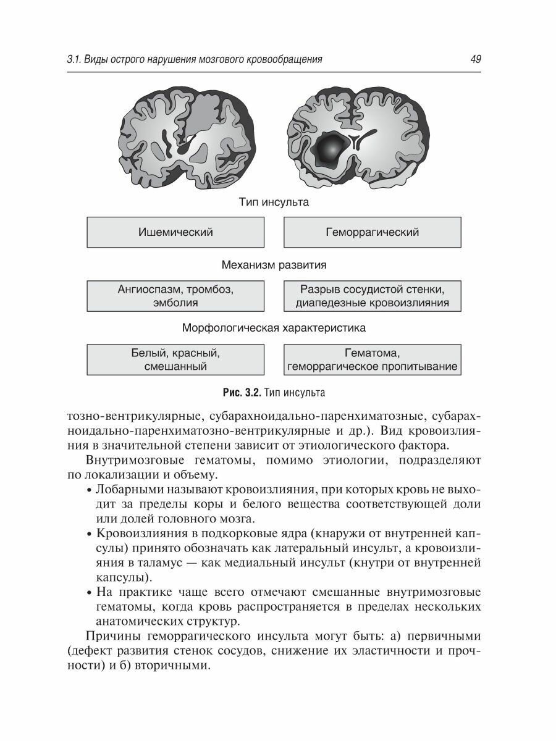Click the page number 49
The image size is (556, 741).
click(x=475, y=59)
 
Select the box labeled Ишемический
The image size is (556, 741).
click(x=175, y=232)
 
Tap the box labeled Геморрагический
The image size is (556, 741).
click(x=372, y=232)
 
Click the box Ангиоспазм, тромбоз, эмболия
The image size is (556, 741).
click(x=175, y=296)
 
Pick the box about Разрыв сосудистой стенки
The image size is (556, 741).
click(x=372, y=296)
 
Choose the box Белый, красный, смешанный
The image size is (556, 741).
click(x=175, y=359)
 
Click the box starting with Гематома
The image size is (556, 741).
click(x=372, y=359)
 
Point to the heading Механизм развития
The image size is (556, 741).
click(x=274, y=265)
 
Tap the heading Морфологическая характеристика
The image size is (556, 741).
click(x=274, y=328)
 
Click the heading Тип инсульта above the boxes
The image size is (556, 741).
click(x=274, y=201)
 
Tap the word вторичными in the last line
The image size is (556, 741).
click(x=178, y=667)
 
